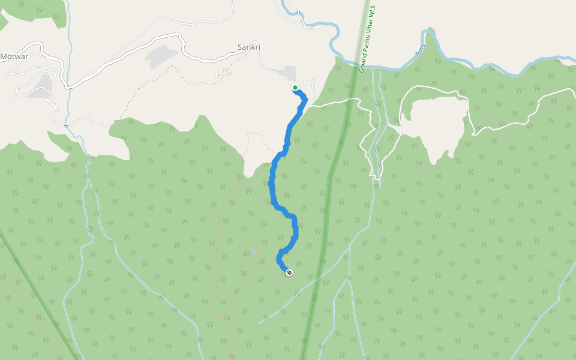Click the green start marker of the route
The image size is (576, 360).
[295, 88]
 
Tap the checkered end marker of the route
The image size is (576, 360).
[290, 272]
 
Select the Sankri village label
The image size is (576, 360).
[249, 47]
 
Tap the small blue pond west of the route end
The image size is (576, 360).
[254, 251]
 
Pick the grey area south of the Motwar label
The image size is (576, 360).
[42, 86]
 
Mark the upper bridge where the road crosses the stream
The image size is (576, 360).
[69, 88]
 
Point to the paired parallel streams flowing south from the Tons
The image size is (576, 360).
[376, 120]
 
